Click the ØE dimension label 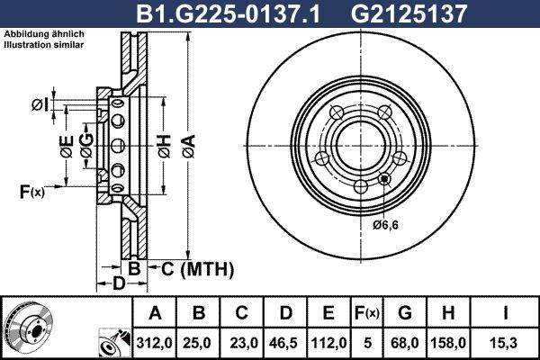coord(66,147)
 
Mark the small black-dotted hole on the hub coord(386,177)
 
